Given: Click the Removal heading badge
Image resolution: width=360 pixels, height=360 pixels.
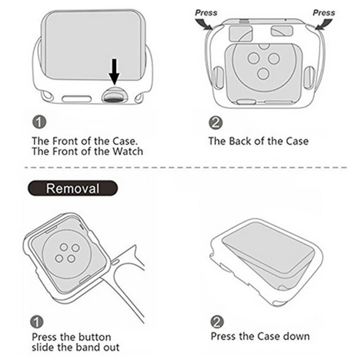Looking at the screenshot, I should point(73,188).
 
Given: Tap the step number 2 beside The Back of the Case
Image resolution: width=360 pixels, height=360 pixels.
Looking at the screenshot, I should point(215,122).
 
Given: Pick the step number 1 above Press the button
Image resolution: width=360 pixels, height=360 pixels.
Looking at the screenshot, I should point(38,322).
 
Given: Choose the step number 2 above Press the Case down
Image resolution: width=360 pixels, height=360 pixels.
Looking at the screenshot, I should point(217,322).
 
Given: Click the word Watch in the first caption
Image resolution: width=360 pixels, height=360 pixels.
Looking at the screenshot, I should point(126,151).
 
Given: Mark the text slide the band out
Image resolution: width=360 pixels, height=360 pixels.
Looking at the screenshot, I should point(75,348).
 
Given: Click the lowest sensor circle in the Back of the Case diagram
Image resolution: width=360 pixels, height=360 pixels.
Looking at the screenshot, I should point(263,74).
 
